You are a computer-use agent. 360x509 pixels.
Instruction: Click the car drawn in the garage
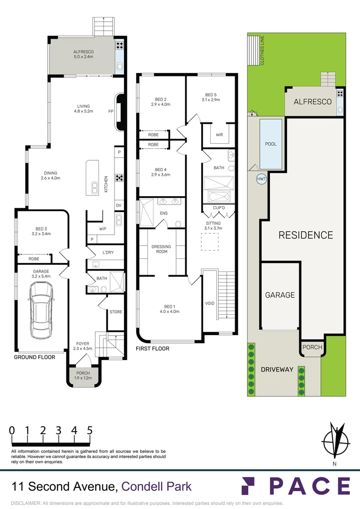click(x=41, y=310)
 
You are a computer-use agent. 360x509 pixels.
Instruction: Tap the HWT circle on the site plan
click(x=262, y=179)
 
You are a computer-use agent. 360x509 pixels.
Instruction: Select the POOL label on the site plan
click(x=271, y=144)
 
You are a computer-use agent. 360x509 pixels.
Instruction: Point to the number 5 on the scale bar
click(x=90, y=430)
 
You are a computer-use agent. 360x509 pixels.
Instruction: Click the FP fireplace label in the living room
click(x=111, y=111)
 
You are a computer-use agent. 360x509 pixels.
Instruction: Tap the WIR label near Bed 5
click(x=220, y=135)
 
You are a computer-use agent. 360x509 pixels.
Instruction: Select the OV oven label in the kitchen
click(x=119, y=205)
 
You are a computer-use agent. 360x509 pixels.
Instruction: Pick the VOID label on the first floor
click(x=210, y=303)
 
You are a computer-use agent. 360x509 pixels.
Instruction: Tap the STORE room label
click(x=116, y=312)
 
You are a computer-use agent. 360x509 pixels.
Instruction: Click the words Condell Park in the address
click(x=156, y=486)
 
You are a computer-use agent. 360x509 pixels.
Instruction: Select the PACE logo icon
click(x=248, y=485)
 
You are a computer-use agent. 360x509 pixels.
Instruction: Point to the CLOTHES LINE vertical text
click(x=262, y=50)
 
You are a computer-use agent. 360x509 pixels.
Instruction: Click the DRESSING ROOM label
click(x=161, y=249)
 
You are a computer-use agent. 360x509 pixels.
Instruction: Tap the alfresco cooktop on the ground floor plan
click(x=120, y=45)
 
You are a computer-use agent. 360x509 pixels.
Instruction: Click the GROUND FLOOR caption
click(x=34, y=357)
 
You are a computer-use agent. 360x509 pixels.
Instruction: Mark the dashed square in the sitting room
click(x=210, y=242)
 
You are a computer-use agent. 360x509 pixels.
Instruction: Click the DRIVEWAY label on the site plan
click(x=277, y=369)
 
